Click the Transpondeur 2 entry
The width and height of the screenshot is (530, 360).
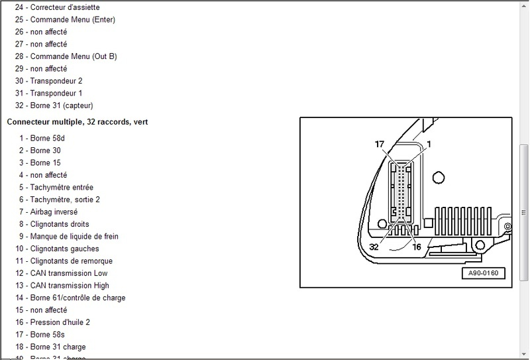pyautogui.click(x=56, y=81)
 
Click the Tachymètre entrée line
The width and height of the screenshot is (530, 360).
pyautogui.click(x=62, y=187)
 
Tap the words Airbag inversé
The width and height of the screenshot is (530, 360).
pyautogui.click(x=54, y=211)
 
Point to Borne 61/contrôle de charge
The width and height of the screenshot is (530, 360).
pyautogui.click(x=78, y=298)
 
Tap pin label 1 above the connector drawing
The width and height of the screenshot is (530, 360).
pyautogui.click(x=429, y=144)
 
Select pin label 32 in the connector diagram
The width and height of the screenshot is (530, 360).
pyautogui.click(x=374, y=246)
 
